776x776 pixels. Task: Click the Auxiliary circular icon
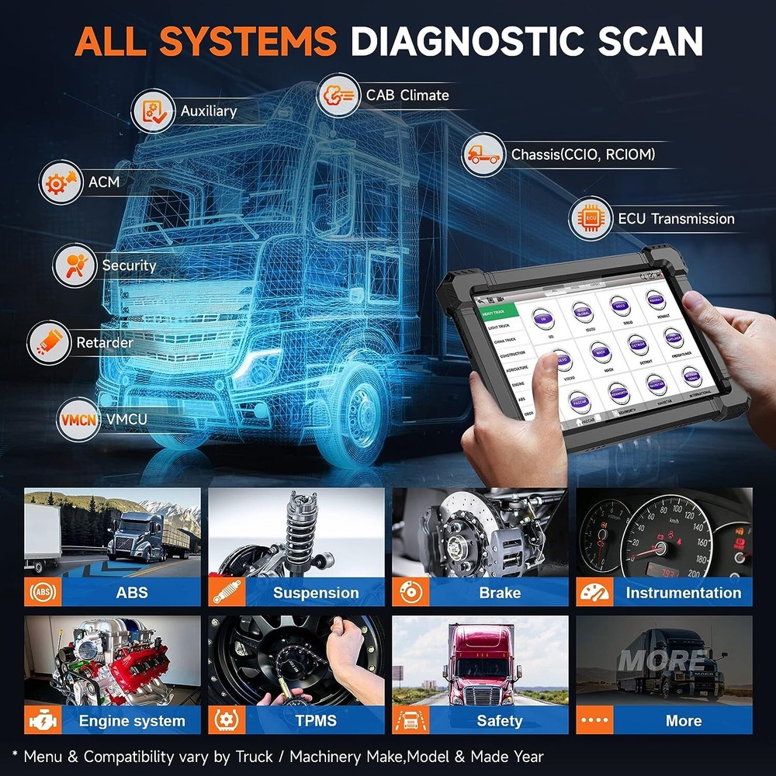153,112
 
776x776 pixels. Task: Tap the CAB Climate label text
407,95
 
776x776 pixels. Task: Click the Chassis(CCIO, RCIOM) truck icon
483,154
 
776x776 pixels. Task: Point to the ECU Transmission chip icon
591,219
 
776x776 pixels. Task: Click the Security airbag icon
74,265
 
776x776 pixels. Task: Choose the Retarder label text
105,342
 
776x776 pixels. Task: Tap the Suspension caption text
316,593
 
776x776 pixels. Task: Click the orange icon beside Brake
406,593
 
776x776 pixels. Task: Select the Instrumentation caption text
683,593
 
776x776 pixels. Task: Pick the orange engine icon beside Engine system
39,721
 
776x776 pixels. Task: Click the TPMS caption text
316,721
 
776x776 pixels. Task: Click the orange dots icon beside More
590,721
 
